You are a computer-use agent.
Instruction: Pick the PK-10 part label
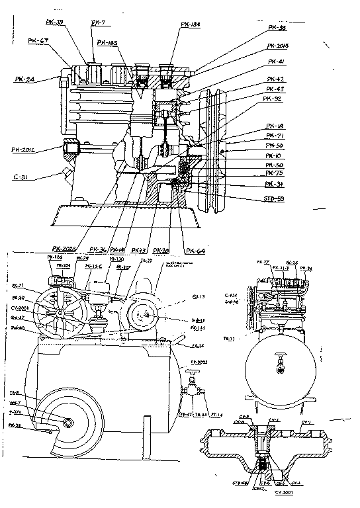tap(274, 155)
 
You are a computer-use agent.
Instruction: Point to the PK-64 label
tap(197, 251)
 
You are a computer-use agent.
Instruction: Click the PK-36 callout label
tap(99, 250)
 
